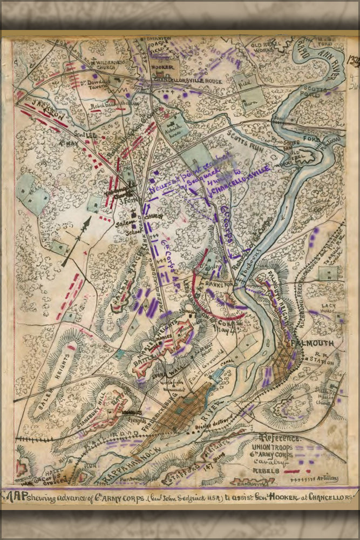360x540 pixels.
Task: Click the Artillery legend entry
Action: pos(329,479)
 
